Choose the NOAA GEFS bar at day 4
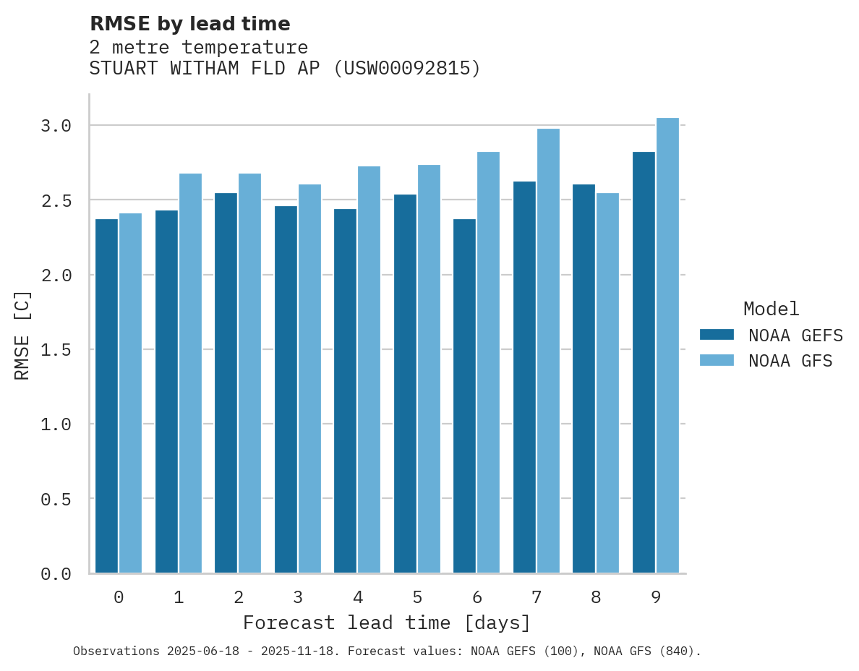[x=345, y=390]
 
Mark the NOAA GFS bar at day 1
[x=190, y=373]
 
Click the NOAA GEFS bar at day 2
[x=226, y=382]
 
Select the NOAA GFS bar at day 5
[x=429, y=369]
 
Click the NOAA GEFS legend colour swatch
[x=717, y=335]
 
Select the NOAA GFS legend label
[x=790, y=361]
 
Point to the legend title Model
[x=771, y=309]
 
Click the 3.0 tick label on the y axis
[x=56, y=126]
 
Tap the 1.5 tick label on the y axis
[x=56, y=350]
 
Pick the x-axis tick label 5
[x=417, y=597]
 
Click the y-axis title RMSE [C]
[x=22, y=335]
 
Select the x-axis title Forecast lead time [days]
[x=387, y=623]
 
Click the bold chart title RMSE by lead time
[x=189, y=24]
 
